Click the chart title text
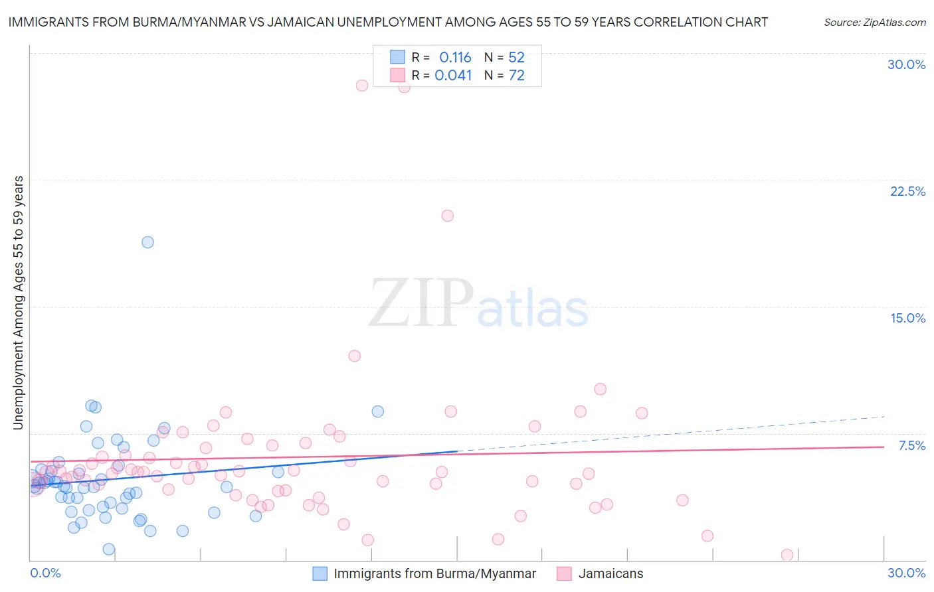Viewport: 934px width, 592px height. click(388, 22)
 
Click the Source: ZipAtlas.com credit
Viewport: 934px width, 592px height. click(874, 22)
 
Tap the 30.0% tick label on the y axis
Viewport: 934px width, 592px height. click(906, 64)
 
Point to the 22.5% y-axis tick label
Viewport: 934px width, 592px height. click(907, 191)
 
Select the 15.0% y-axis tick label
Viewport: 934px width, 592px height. click(907, 318)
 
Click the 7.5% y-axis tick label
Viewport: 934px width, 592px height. click(911, 445)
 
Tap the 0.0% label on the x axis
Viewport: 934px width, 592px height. click(45, 573)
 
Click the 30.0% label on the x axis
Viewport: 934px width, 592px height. click(906, 573)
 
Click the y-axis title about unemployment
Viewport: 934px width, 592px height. click(19, 303)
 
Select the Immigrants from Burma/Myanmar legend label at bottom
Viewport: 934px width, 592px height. click(434, 574)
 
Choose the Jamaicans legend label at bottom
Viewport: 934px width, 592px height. click(610, 574)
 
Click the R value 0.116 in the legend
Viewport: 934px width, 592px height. click(455, 58)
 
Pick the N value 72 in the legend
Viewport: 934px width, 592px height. click(516, 76)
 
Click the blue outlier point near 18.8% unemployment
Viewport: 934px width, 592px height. click(147, 242)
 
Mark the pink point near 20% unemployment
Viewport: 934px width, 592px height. click(447, 216)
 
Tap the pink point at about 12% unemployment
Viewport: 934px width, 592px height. click(354, 356)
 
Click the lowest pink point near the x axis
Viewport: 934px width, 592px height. click(787, 555)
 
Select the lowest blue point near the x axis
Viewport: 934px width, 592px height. click(108, 549)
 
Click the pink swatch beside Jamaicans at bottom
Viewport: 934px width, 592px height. click(564, 574)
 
